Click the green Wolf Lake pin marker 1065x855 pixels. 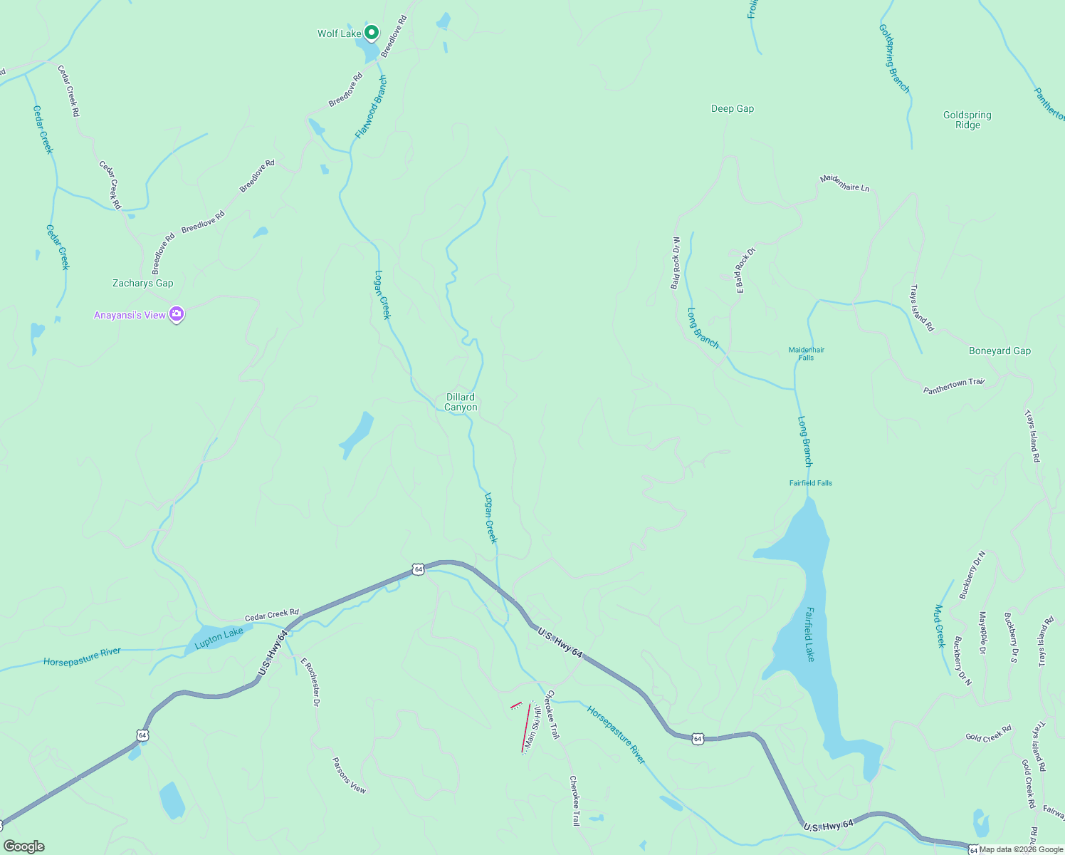pos(371,33)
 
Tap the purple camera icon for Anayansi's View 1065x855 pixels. pos(177,314)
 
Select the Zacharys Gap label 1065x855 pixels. pos(142,283)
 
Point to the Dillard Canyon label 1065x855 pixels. pos(461,402)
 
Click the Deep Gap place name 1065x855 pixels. pos(732,108)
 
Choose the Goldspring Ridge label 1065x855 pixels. pos(967,120)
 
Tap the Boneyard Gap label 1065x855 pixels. pos(1000,351)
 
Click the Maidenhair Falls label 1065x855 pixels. pos(806,353)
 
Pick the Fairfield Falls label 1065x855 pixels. pos(810,483)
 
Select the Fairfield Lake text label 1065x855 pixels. pos(809,634)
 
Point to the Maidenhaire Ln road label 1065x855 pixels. pos(844,183)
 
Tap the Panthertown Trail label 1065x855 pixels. pos(954,386)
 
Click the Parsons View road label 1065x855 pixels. pos(349,774)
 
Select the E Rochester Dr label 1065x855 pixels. pos(311,682)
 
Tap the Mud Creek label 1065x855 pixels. pos(939,626)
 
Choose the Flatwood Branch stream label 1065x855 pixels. pos(371,107)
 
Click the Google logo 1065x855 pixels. pos(24,846)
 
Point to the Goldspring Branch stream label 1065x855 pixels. pos(894,58)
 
